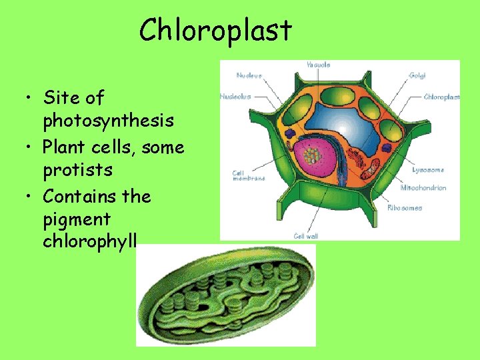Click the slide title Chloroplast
tap(215, 30)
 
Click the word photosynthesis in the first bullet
tap(109, 121)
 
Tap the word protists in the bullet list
tap(77, 170)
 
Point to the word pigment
tap(76, 219)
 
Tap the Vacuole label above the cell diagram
tap(318, 65)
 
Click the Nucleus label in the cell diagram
tap(249, 75)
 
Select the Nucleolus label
tap(235, 97)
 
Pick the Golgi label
tap(417, 75)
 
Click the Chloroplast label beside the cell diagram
tap(442, 97)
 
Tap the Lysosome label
tap(428, 170)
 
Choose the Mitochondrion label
tap(423, 188)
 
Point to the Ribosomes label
tap(405, 208)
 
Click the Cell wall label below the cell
tap(306, 236)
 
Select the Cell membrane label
tap(249, 176)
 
